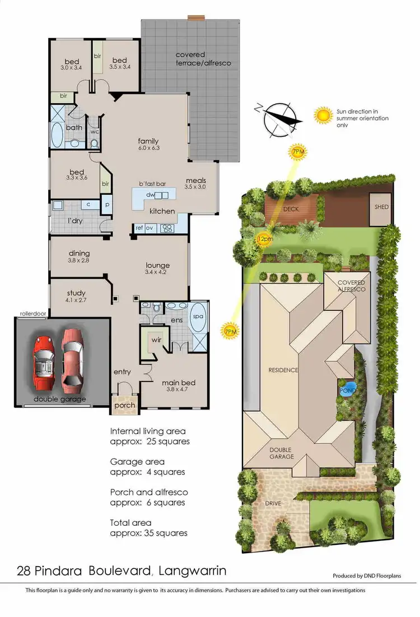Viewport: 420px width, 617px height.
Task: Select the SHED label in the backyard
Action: tap(381, 208)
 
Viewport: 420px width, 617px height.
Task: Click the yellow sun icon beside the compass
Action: tap(323, 116)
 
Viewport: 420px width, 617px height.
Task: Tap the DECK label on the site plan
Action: tap(291, 209)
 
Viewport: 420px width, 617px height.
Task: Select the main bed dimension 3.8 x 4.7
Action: tap(179, 391)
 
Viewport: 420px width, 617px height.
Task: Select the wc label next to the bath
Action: tap(94, 132)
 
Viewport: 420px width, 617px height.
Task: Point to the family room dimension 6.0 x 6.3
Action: tap(148, 148)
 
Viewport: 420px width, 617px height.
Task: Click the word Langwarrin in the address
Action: tap(193, 571)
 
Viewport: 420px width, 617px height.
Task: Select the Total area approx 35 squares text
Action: tap(148, 527)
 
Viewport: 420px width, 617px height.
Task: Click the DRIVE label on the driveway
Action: tap(273, 503)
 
